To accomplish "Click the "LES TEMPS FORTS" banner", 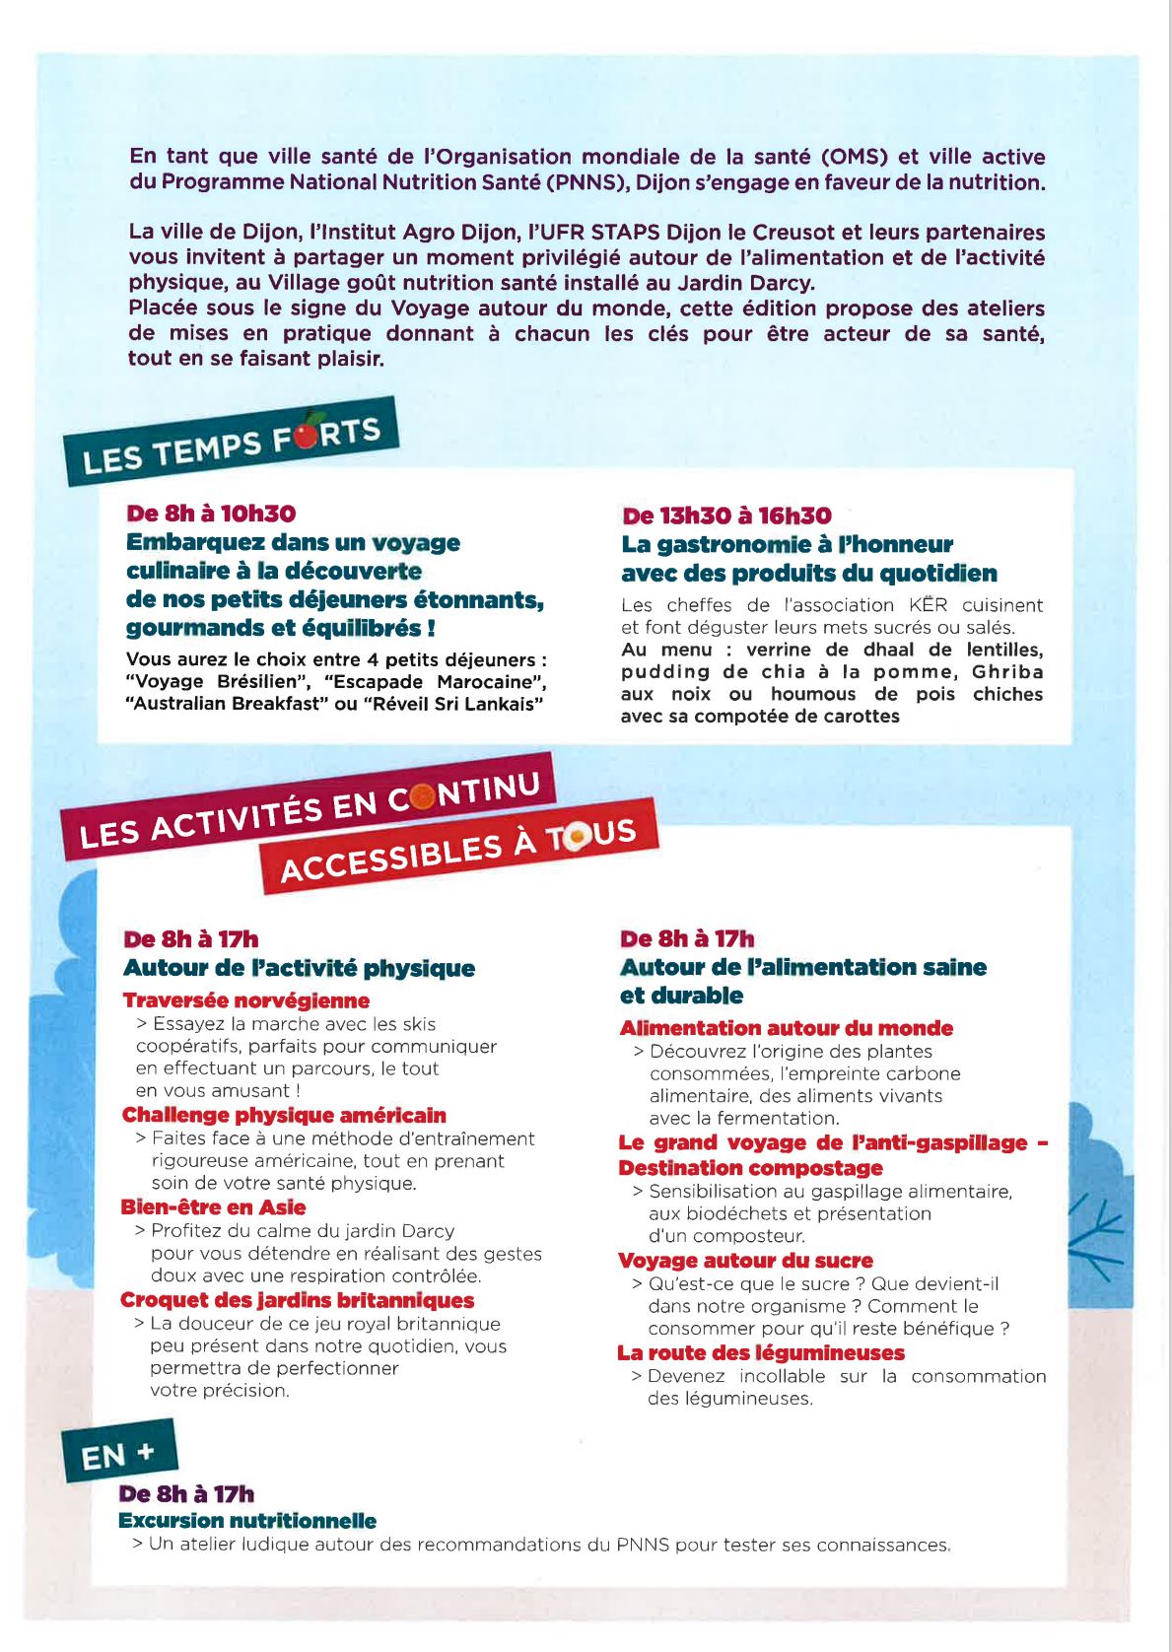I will point(231,444).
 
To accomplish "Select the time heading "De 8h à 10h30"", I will point(211,514).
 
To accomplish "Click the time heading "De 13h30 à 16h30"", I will point(726,516).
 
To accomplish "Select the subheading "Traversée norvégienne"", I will point(246,1000).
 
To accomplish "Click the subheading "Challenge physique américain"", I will point(284,1115).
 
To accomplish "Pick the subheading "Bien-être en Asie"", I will point(213,1207).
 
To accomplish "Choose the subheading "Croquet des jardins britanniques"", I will point(297,1300).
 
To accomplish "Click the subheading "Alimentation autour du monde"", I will point(786,1028).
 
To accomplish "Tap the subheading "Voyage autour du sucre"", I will point(745,1261).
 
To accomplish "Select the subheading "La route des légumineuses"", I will point(760,1353).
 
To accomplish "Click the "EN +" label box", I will point(119,1453).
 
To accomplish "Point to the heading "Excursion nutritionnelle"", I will point(247,1521).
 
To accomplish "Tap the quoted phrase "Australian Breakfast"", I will point(228,704).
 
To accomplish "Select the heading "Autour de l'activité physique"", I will point(299,968).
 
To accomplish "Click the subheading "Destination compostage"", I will point(750,1168).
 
